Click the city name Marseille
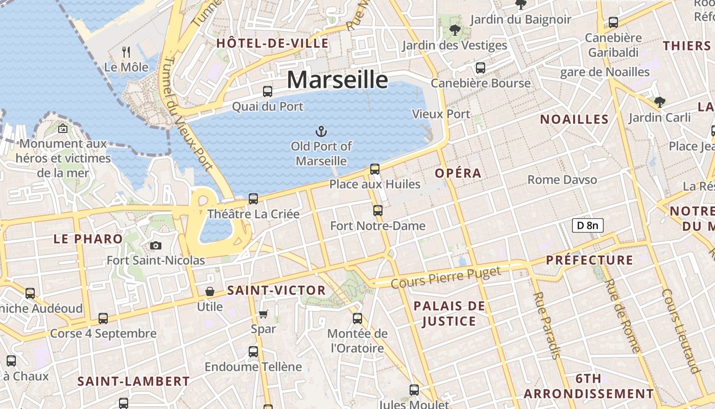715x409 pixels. tap(337, 80)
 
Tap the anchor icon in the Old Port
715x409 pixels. tap(321, 131)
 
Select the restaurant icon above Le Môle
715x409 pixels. tap(126, 52)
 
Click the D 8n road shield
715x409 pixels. tap(587, 225)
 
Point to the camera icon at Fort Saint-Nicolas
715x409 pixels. tap(156, 246)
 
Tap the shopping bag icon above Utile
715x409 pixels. tap(209, 291)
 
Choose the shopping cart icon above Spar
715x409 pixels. tap(263, 314)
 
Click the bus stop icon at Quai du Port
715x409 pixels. tap(267, 92)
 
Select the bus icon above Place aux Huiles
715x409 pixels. tap(374, 169)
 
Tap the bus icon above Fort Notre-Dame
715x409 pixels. tap(377, 210)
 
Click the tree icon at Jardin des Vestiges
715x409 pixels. tap(454, 30)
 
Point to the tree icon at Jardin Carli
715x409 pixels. tap(659, 102)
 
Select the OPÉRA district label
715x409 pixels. tap(458, 173)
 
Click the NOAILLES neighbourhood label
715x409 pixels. tap(575, 120)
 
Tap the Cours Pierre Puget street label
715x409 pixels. tap(446, 277)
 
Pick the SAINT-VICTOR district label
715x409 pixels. tap(276, 290)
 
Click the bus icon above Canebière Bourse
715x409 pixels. tap(480, 67)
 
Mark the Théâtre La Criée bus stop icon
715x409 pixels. tap(253, 198)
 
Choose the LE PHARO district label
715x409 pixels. tap(88, 239)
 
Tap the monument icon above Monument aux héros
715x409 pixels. tap(63, 128)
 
